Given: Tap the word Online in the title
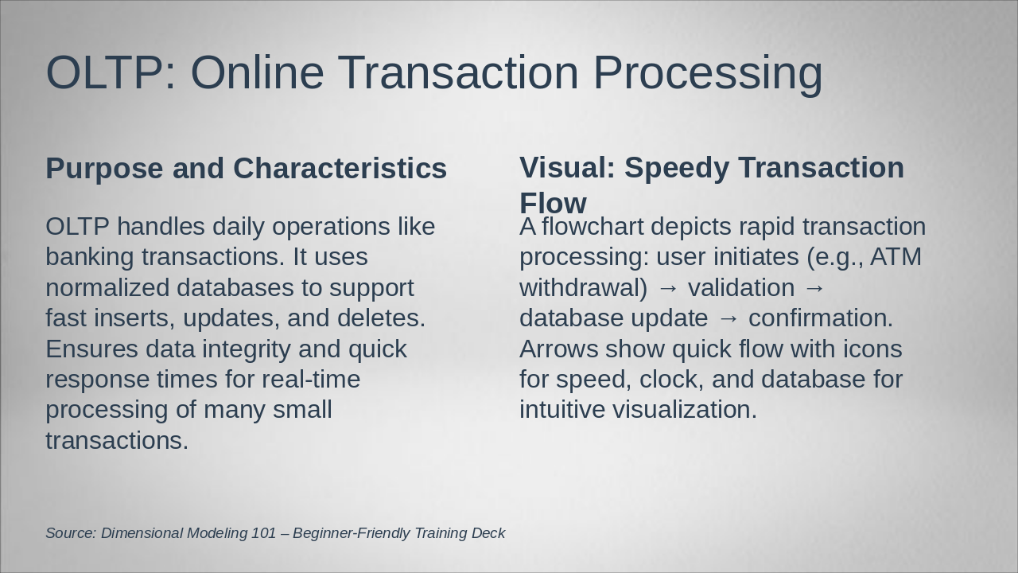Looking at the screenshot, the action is coord(257,72).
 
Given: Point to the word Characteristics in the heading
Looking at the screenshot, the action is coord(340,168).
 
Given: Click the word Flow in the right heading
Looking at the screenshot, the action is coord(553,203).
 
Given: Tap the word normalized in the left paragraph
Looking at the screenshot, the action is coord(107,288).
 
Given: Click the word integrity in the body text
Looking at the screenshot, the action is coord(246,349).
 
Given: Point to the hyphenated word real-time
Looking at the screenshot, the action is coord(311,380).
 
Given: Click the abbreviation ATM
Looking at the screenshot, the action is coord(896,257).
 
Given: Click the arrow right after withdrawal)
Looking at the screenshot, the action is coord(667,288).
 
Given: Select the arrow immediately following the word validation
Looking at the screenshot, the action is coord(814,288).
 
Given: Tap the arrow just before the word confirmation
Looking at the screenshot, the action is coord(729,319).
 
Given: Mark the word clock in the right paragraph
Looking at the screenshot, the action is coord(672,380).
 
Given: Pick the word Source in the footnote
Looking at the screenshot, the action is coord(72,533).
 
